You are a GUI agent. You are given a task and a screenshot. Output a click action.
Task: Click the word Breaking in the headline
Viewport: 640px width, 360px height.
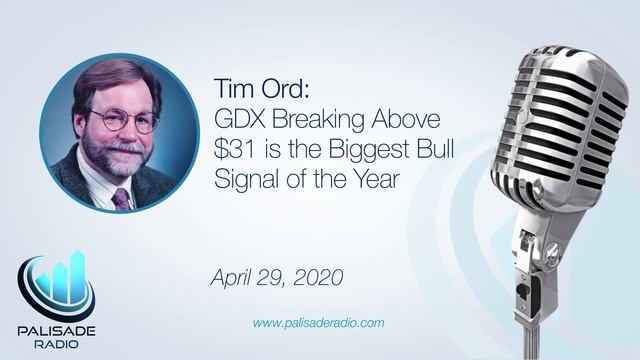[x=316, y=120]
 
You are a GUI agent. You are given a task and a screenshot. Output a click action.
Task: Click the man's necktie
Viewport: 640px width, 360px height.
[x=122, y=196]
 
